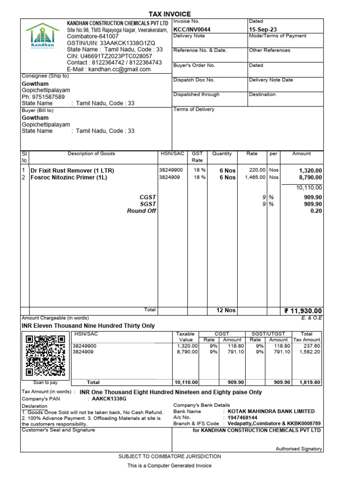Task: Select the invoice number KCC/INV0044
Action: click(192, 30)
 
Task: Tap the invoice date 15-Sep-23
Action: click(263, 30)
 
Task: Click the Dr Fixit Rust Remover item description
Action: click(72, 171)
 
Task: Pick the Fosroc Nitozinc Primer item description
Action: click(69, 178)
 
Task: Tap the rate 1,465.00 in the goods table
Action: click(255, 178)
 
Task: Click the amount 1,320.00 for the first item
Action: click(310, 171)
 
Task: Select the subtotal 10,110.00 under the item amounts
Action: click(309, 187)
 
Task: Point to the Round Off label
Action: click(142, 211)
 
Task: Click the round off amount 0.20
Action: click(316, 211)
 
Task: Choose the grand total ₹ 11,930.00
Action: click(303, 311)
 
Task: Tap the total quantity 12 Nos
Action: click(225, 311)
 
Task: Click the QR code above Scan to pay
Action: click(45, 355)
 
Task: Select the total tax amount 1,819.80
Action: click(309, 382)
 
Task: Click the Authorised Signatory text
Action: click(299, 449)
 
